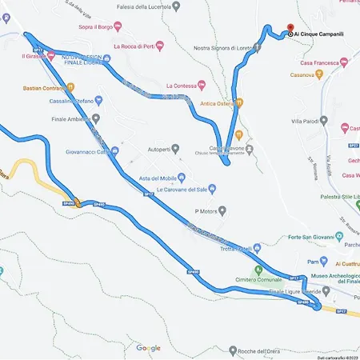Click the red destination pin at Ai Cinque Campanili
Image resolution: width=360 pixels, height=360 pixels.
pyautogui.click(x=280, y=26)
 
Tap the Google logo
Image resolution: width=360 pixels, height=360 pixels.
pyautogui.click(x=148, y=348)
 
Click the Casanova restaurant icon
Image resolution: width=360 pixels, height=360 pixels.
pyautogui.click(x=319, y=74)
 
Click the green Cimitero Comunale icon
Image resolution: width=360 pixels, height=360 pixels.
pyautogui.click(x=258, y=269)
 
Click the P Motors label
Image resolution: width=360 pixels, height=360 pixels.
pyautogui.click(x=206, y=210)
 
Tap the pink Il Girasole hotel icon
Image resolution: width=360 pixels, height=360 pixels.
pyautogui.click(x=50, y=56)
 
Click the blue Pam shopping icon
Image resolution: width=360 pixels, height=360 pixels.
pyautogui.click(x=322, y=261)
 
